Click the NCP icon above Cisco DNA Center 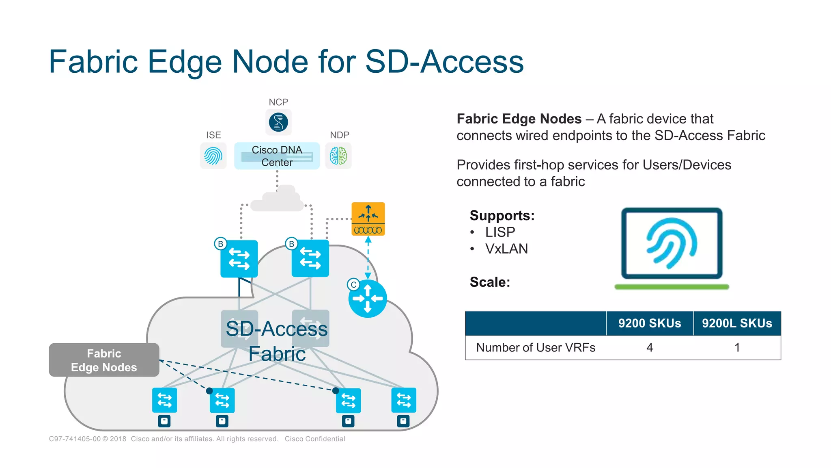(278, 122)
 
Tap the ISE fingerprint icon (213, 156)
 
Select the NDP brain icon (338, 156)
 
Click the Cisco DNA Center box (277, 156)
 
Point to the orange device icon (368, 219)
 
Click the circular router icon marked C (368, 299)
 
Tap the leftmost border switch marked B (239, 259)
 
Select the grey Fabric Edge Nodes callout (104, 360)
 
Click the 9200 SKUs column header (650, 323)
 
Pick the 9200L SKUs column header (737, 323)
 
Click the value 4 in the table (650, 348)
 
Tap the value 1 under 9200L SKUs (737, 348)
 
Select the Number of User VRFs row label (536, 348)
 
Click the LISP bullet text (500, 232)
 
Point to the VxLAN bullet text (506, 249)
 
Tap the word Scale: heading (490, 282)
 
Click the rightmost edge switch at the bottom (404, 400)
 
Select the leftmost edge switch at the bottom (164, 400)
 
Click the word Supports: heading (502, 215)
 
